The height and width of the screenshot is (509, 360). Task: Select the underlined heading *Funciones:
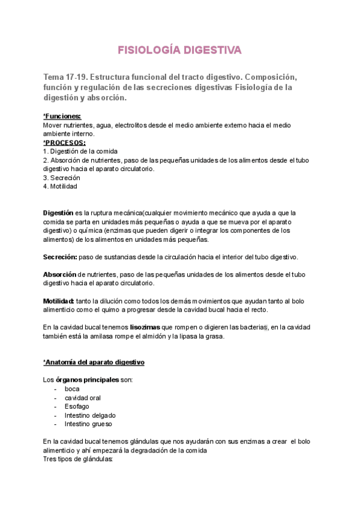click(x=62, y=116)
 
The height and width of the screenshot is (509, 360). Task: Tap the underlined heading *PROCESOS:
click(x=64, y=143)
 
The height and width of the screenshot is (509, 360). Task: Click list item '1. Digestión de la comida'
click(x=80, y=151)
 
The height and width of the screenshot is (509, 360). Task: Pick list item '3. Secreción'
click(x=62, y=178)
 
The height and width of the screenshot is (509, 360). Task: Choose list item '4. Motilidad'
click(x=60, y=186)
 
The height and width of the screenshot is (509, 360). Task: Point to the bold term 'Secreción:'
click(x=60, y=257)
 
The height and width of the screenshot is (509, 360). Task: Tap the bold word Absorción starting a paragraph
click(x=59, y=275)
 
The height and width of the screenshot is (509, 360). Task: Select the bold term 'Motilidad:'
click(x=59, y=301)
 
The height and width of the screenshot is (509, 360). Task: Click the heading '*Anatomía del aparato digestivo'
click(x=94, y=363)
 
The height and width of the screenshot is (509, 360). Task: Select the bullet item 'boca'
click(x=72, y=389)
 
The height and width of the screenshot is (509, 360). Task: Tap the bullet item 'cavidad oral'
click(x=83, y=398)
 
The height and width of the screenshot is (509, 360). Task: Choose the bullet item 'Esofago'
click(x=77, y=406)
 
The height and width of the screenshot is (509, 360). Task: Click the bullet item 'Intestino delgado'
click(x=91, y=415)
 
